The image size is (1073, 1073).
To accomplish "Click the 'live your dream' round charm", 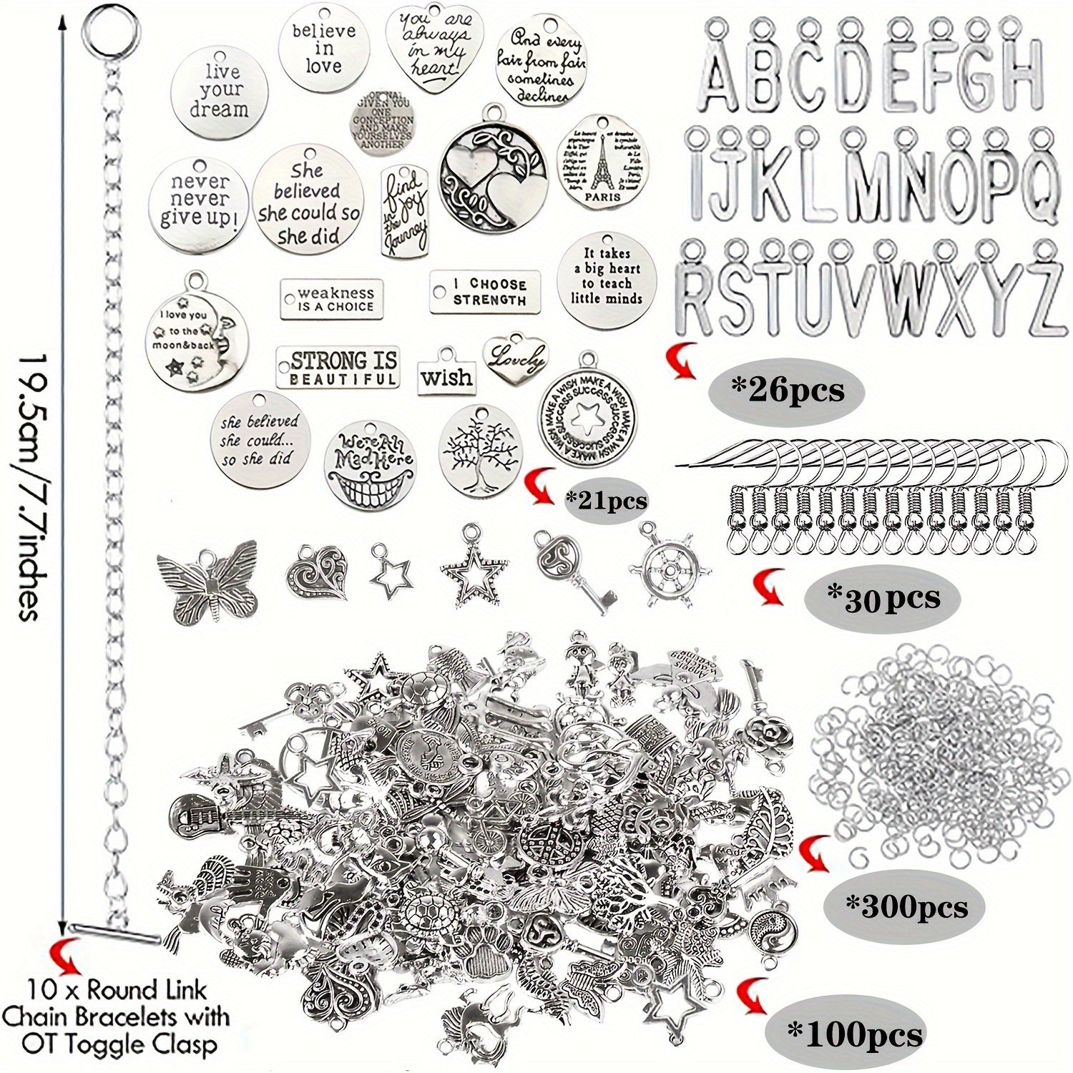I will tap(220, 92).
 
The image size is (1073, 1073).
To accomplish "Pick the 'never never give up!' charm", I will tap(199, 203).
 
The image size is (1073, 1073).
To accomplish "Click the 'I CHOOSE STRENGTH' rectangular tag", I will tap(489, 291).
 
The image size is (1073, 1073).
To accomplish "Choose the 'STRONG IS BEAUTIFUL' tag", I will tap(338, 368).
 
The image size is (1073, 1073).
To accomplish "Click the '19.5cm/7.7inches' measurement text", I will tap(31, 486).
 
